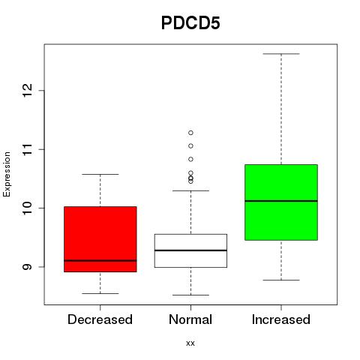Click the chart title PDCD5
click(190, 23)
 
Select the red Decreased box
click(100, 239)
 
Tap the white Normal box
click(190, 250)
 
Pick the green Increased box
click(281, 202)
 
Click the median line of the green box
click(281, 201)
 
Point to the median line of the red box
click(100, 260)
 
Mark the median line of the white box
click(190, 250)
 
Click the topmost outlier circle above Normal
click(190, 133)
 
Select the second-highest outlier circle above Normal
click(190, 145)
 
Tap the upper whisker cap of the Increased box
click(281, 54)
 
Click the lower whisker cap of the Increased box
click(281, 280)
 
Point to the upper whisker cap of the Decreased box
click(100, 174)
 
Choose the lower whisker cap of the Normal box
click(190, 295)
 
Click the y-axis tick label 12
click(28, 91)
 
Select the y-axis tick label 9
click(28, 267)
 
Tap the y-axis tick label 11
click(28, 149)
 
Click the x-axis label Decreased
click(100, 319)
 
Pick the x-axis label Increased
click(281, 319)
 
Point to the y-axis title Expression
click(7, 174)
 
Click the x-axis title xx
click(190, 343)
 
